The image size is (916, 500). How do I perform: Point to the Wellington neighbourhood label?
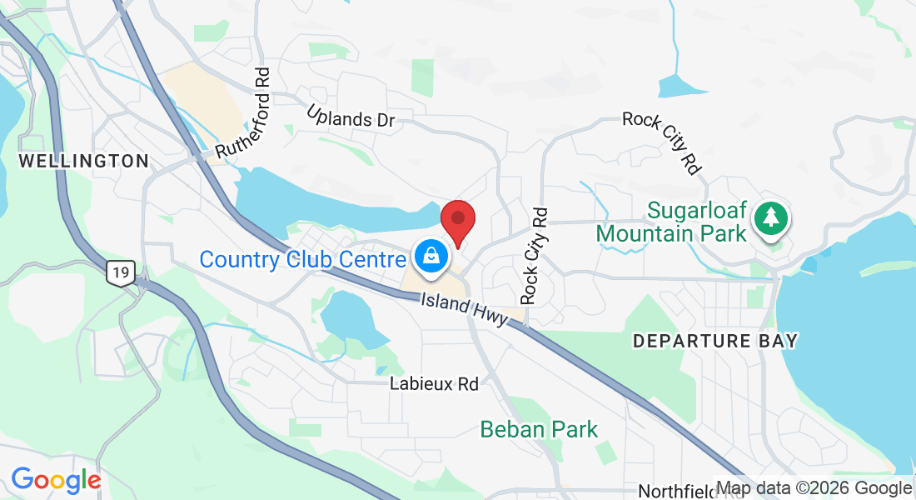[83, 161]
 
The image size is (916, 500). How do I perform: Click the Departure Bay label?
[715, 341]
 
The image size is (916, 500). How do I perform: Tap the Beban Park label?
[539, 430]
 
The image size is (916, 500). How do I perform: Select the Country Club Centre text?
[303, 259]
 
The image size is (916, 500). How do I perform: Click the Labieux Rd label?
[434, 384]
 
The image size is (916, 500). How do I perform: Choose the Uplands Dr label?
[350, 117]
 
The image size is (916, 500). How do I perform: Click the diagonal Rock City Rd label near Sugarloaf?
[663, 142]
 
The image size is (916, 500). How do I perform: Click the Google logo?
[56, 480]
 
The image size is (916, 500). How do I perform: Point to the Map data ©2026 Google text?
[814, 488]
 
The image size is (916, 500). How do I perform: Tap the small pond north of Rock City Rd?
[680, 85]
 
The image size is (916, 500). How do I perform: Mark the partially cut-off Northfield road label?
[677, 492]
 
